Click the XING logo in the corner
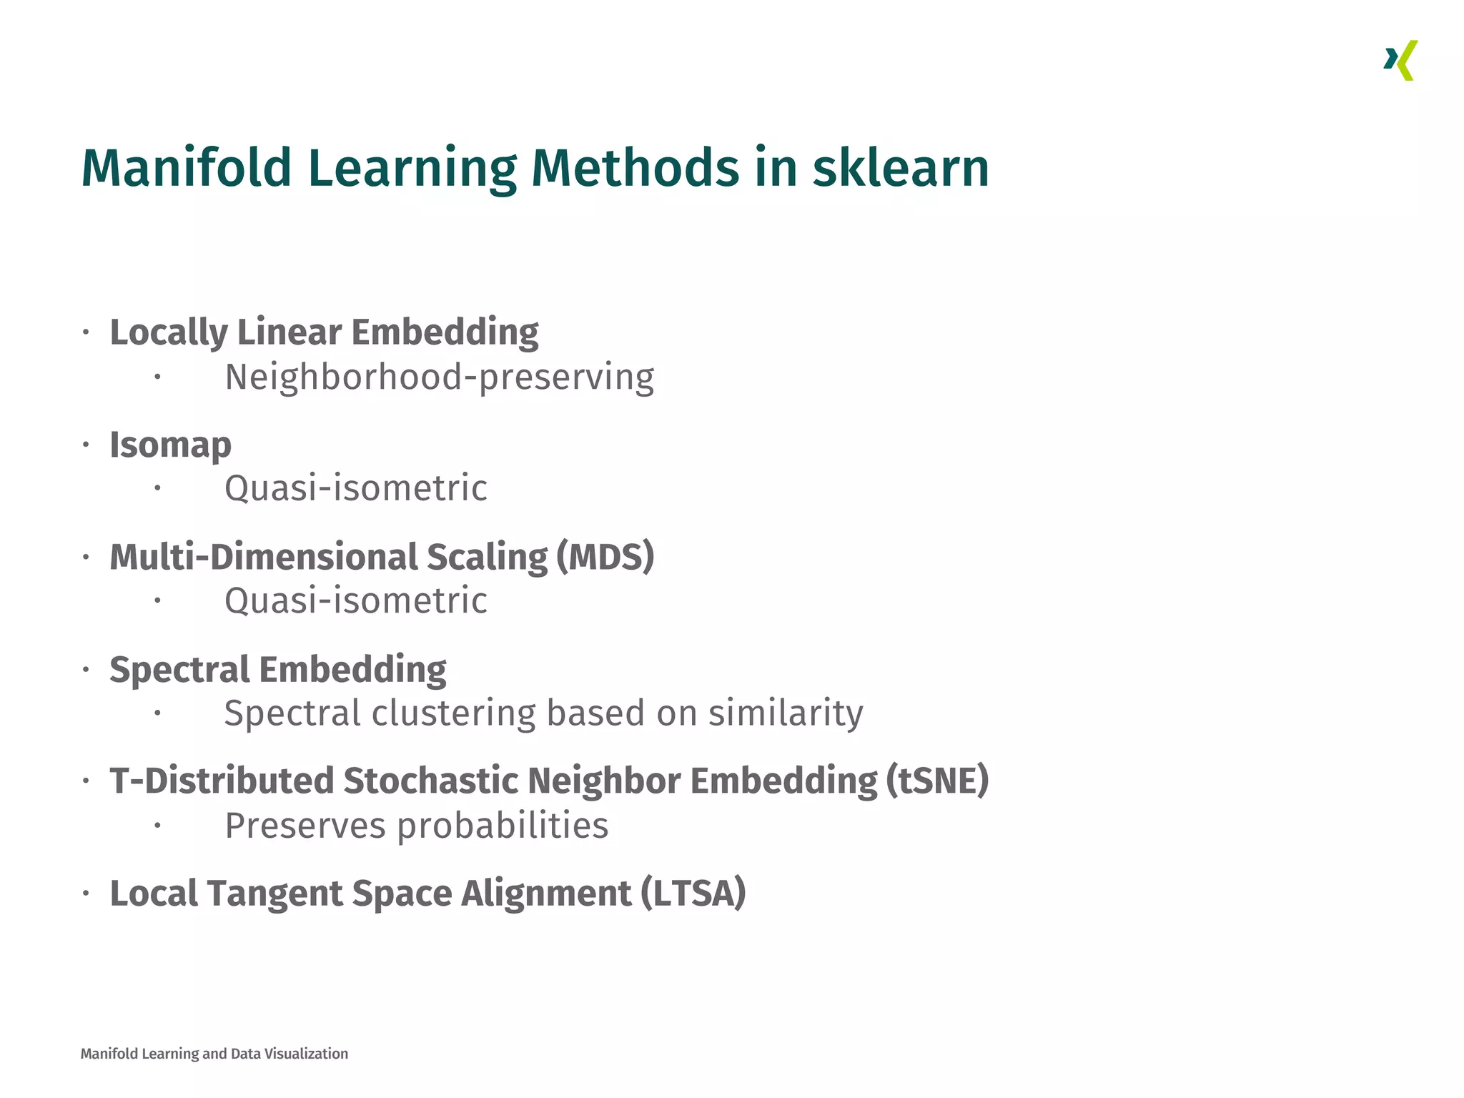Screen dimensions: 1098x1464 (x=1400, y=61)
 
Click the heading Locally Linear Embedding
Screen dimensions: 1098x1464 (x=324, y=332)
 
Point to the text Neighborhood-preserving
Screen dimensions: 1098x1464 (x=439, y=377)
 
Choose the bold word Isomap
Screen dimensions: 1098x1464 (x=170, y=445)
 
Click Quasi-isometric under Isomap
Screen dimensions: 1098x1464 (x=355, y=488)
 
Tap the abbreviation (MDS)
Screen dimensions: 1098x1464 (x=605, y=557)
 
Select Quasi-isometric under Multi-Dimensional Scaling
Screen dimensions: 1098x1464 (x=355, y=600)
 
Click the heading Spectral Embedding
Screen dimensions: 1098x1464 (x=277, y=670)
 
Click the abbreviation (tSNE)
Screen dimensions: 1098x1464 (x=937, y=780)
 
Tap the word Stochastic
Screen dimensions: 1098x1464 (x=430, y=780)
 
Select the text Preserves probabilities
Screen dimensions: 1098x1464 (x=416, y=826)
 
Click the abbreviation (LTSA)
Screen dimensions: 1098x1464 (x=693, y=893)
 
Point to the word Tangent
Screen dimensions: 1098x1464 (x=275, y=893)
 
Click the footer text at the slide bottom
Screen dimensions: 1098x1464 (x=214, y=1054)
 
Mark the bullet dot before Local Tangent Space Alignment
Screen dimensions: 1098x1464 (x=86, y=893)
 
